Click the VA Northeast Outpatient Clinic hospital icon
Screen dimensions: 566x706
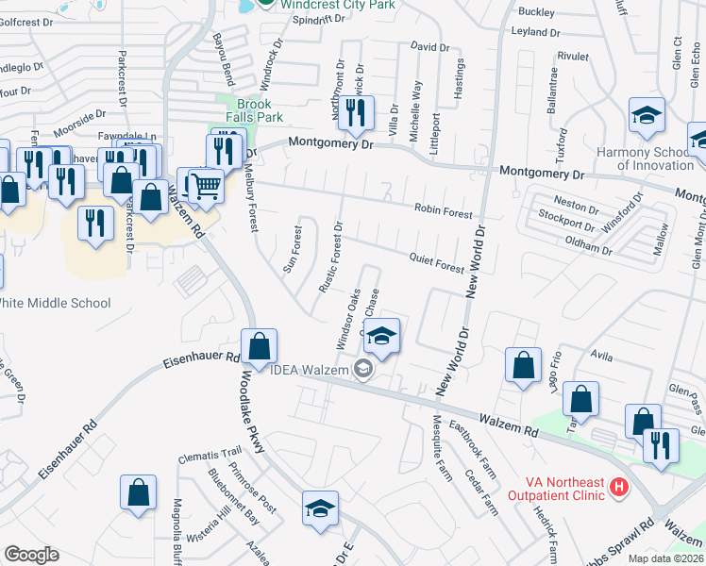618,487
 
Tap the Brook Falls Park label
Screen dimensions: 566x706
255,110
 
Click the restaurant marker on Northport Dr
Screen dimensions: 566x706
356,114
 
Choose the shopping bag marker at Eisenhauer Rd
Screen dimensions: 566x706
259,346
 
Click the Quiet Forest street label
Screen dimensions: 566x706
436,262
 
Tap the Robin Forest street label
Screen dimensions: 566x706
443,211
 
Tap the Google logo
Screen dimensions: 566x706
31,555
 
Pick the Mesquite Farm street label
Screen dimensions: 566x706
438,443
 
